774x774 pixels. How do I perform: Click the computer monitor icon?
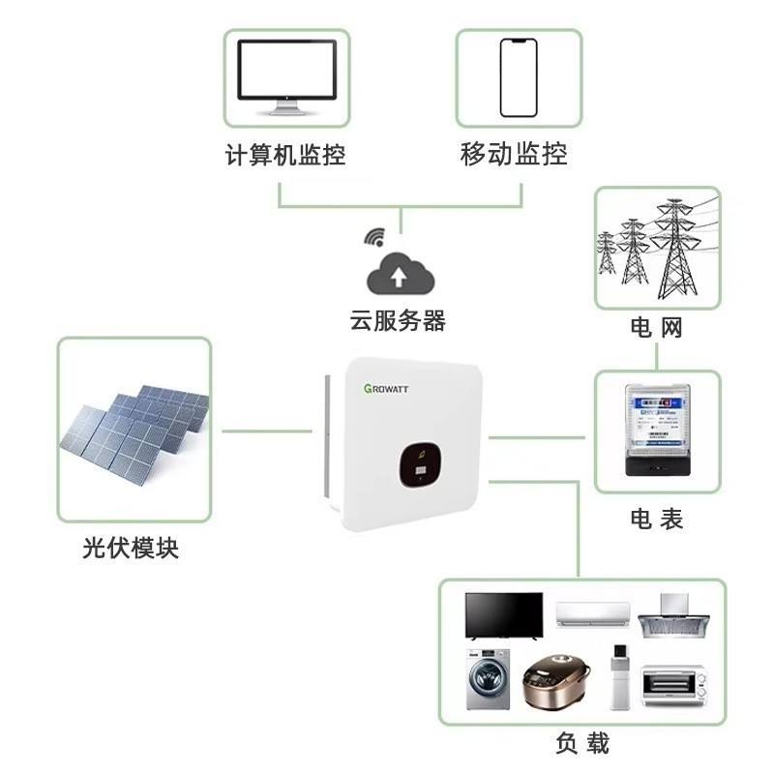[x=286, y=77]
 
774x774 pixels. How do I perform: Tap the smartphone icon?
[x=519, y=78]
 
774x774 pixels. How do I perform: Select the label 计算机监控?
[x=285, y=155]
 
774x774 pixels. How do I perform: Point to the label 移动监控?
[x=514, y=154]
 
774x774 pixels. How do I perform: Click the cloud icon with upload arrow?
[x=400, y=274]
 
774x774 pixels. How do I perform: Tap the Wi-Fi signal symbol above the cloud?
[x=375, y=237]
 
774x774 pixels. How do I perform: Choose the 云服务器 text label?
[x=398, y=320]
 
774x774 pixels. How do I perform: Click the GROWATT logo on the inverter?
[x=386, y=389]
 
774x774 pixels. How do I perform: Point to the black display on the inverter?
[x=420, y=464]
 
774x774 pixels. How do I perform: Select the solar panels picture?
[x=134, y=434]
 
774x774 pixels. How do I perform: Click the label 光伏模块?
[x=131, y=548]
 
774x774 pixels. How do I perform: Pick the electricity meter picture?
[x=658, y=430]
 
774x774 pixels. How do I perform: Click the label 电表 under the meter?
[x=657, y=519]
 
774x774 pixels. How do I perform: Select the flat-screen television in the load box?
[x=504, y=616]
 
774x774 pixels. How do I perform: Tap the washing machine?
[x=489, y=680]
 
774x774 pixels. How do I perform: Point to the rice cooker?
[x=556, y=682]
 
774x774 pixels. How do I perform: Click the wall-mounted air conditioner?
[x=593, y=614]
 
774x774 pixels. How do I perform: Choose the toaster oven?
[x=674, y=685]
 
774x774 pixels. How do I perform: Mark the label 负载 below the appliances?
[x=582, y=743]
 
